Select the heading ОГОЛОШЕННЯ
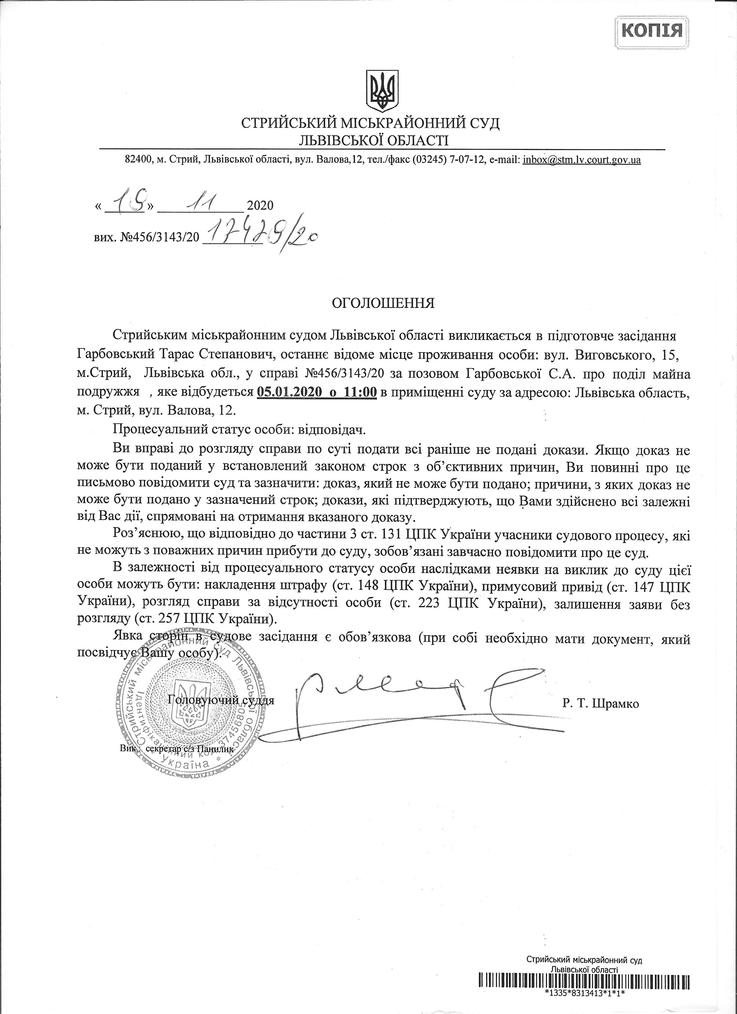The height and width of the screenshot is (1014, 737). [x=383, y=304]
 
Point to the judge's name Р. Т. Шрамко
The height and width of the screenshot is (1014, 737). [x=601, y=704]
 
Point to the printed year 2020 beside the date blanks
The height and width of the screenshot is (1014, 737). [x=260, y=206]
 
